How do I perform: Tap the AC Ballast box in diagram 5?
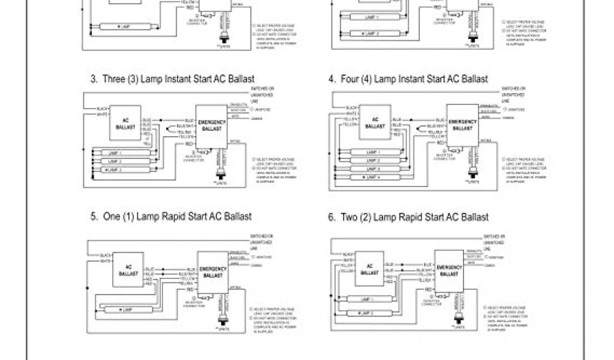coord(129,269)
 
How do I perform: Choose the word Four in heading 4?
coord(350,79)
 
